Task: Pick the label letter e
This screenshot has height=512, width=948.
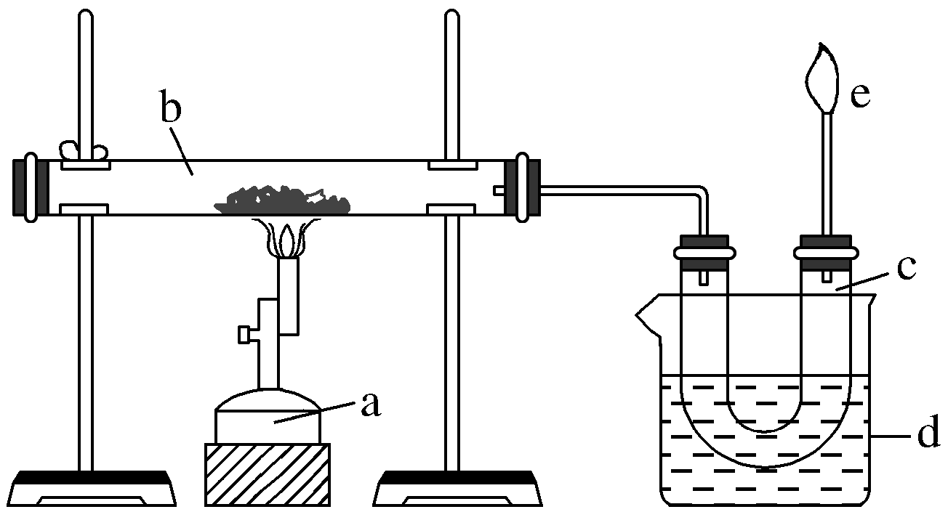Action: pos(860,95)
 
